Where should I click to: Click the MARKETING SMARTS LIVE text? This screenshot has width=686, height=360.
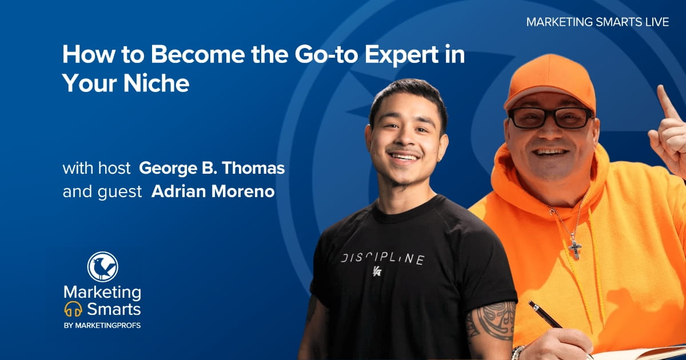tap(597, 22)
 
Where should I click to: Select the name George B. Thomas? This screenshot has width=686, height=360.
tap(212, 169)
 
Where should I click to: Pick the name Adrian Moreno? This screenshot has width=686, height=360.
tap(213, 191)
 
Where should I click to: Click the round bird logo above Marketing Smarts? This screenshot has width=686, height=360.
tap(102, 267)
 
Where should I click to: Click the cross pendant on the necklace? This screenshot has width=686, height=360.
tap(575, 249)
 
